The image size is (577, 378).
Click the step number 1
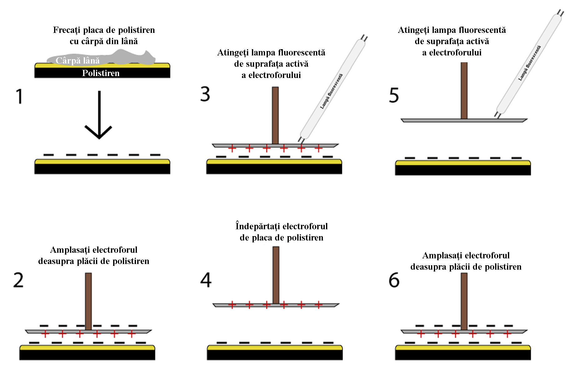coord(19,96)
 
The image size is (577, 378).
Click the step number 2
coord(18,280)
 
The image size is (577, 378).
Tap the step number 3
coord(205,94)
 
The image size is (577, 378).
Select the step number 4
coord(206,280)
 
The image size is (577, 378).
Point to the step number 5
coord(394,95)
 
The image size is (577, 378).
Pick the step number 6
coord(394,280)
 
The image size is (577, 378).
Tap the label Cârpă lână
coord(78,60)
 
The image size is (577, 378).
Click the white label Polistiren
coord(101,73)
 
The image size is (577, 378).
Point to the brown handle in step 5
coord(464,91)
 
